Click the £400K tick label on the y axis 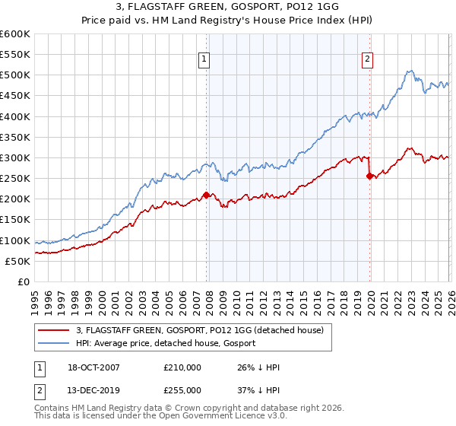click(14, 116)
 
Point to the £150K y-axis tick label click(14, 220)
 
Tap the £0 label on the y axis click(24, 282)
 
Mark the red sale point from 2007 click(207, 195)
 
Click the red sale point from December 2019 click(370, 176)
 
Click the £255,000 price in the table click(182, 389)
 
